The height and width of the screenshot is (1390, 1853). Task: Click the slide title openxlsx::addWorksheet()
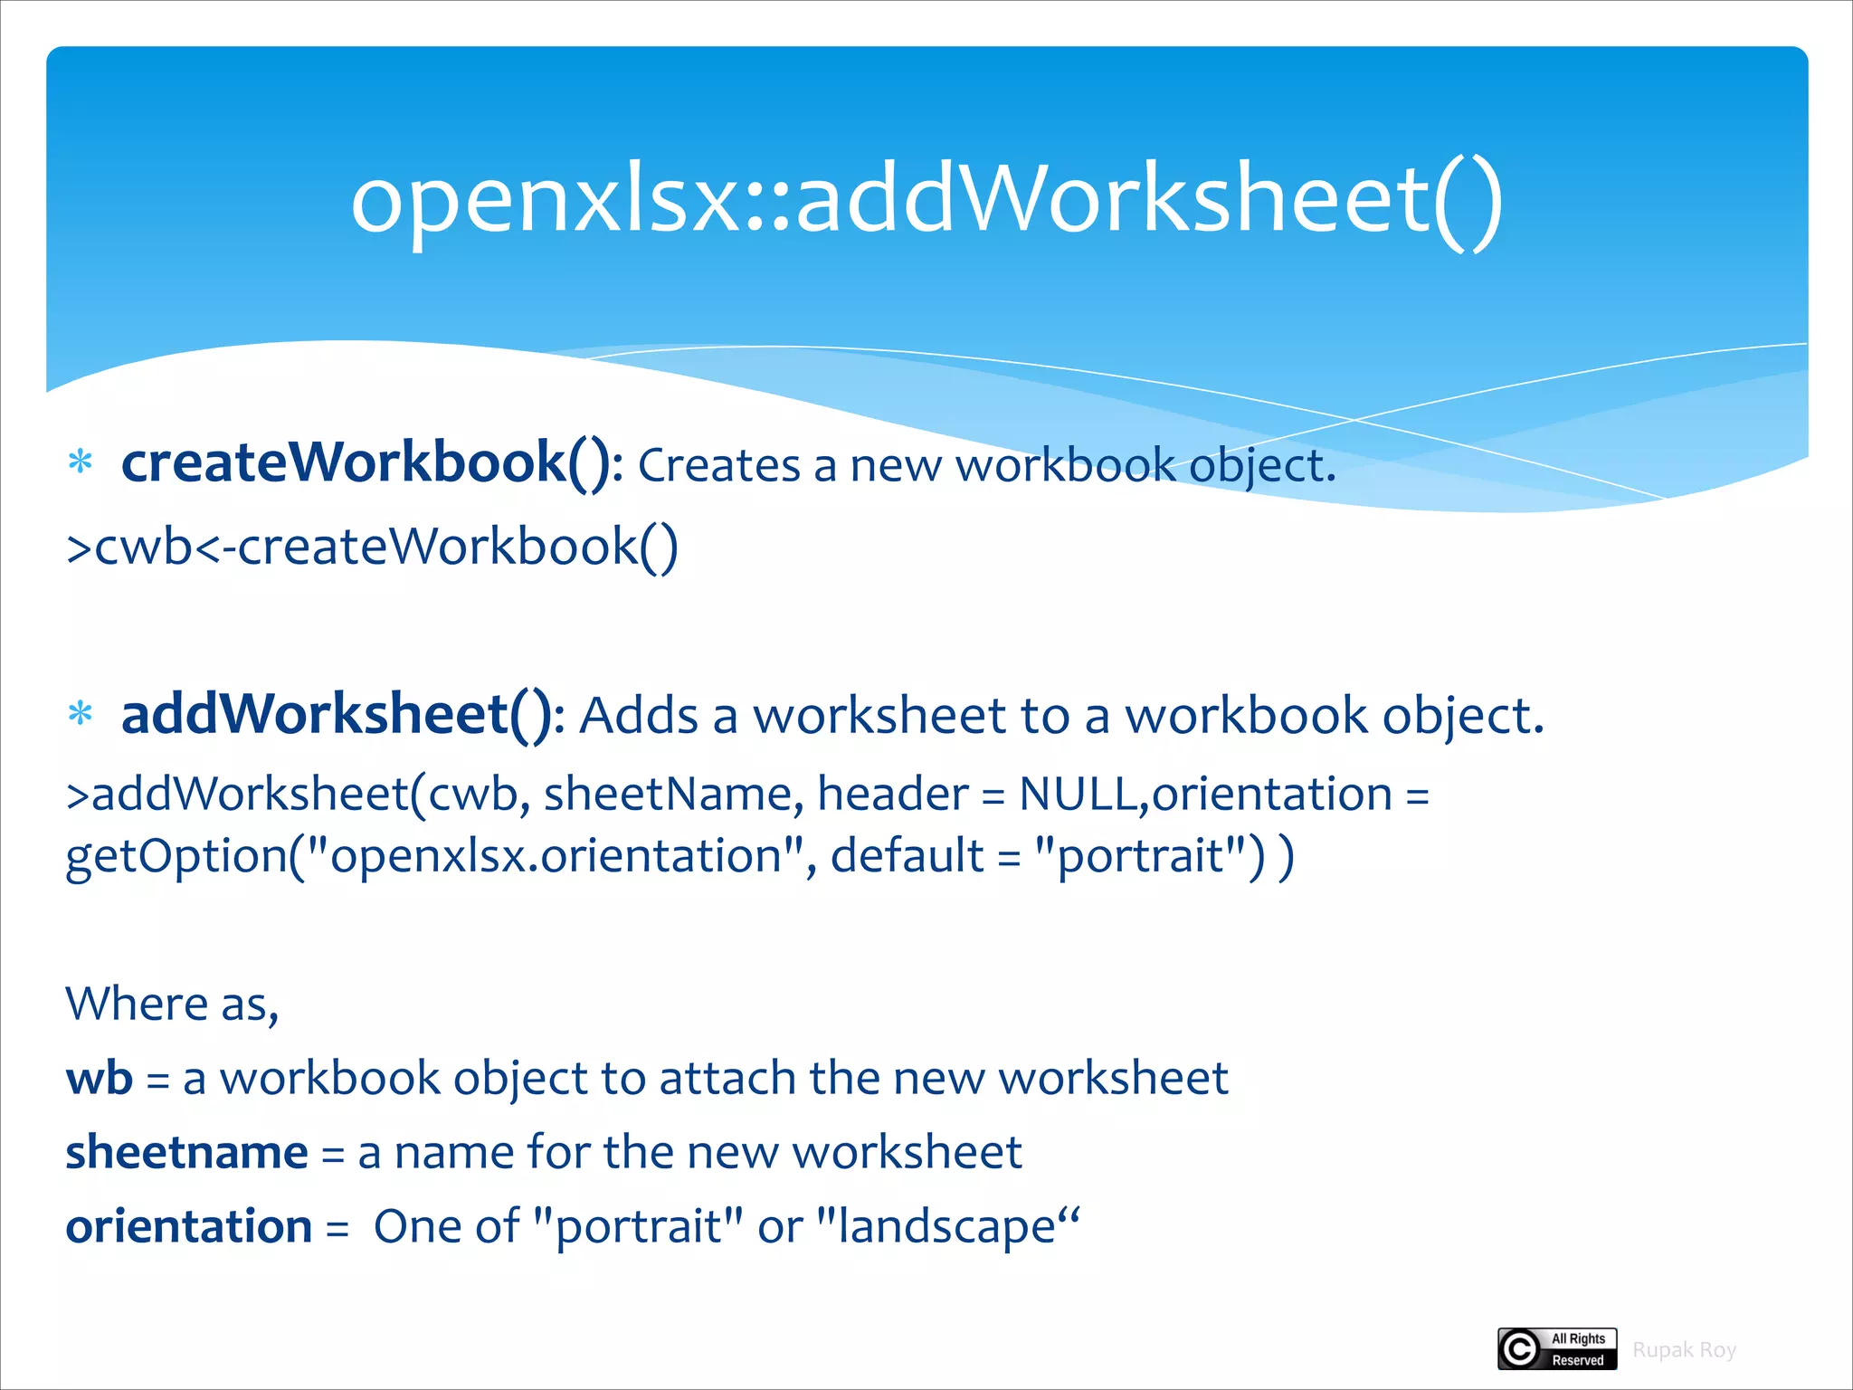(926, 199)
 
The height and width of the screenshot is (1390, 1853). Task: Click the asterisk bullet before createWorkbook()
(81, 462)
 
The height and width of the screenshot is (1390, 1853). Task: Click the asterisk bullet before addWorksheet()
(81, 714)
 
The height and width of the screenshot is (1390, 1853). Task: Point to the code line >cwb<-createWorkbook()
(372, 547)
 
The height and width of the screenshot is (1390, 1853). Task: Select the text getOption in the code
(176, 856)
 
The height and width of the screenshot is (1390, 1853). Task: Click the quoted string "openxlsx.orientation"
(556, 856)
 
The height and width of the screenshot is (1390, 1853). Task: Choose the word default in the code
(907, 856)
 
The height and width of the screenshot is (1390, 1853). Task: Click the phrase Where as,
(172, 1004)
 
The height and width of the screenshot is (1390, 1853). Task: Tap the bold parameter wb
(99, 1079)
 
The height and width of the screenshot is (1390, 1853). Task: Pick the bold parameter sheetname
(186, 1153)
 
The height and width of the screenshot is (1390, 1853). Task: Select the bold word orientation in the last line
(188, 1227)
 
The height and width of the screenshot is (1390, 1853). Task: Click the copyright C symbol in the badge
(1520, 1349)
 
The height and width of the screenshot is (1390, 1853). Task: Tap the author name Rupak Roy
(1684, 1350)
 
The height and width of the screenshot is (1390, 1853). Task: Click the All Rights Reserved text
(1578, 1349)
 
